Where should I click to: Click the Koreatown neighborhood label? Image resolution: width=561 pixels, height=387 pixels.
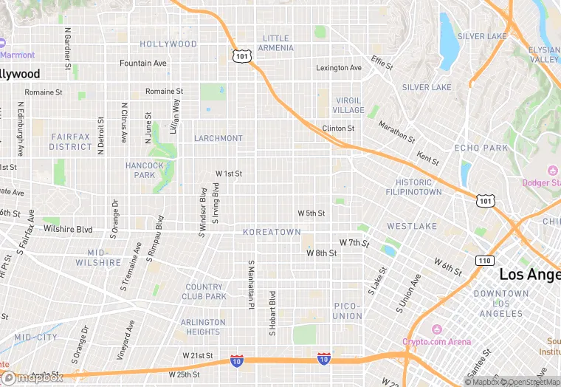point(272,232)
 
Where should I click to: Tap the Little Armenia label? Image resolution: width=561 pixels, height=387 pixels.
point(276,43)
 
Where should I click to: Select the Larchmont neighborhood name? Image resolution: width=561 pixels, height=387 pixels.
point(218,138)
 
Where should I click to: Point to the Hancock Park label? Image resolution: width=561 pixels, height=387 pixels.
point(145,170)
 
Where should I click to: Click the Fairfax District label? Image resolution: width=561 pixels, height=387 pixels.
point(71,141)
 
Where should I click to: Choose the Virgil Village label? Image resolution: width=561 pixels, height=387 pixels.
point(349,105)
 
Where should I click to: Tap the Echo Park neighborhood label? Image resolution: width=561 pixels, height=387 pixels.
point(481,148)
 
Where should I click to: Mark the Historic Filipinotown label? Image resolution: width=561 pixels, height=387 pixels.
point(413,187)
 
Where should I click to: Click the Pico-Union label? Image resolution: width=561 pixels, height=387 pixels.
point(347,310)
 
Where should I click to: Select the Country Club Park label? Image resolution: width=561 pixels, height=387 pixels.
point(205,292)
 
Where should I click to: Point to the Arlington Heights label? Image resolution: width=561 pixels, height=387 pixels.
point(203,326)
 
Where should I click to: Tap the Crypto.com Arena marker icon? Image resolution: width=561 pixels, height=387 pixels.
point(437,329)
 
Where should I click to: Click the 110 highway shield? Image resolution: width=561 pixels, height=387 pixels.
point(484,261)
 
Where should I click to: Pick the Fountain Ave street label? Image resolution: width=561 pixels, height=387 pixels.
point(142,64)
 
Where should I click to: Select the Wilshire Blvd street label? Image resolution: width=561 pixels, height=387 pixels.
point(68,229)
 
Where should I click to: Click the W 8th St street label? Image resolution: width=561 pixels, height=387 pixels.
point(321,253)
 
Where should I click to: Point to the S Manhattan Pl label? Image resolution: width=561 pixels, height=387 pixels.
point(251,284)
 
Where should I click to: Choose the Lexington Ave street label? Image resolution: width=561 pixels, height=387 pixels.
point(339,68)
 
